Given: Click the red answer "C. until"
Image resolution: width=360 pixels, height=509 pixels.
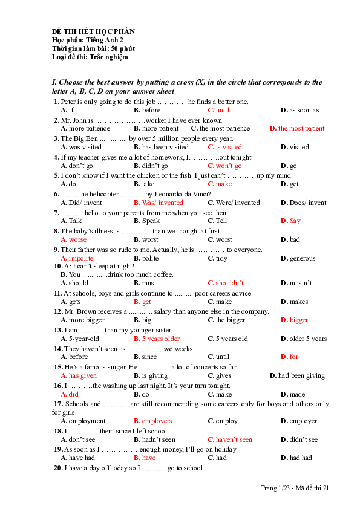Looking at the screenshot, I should click(218, 110).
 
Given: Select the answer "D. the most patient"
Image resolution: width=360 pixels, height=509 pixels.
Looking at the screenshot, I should click(297, 128).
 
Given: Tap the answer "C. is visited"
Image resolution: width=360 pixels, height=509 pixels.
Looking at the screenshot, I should click(224, 147).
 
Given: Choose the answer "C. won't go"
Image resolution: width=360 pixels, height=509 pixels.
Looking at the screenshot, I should click(224, 166).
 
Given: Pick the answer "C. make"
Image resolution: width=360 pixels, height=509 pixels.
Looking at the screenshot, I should click(220, 184).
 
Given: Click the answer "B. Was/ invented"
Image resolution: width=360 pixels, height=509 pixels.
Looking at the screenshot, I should click(158, 203).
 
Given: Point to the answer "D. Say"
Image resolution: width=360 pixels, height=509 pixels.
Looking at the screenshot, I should click(290, 221).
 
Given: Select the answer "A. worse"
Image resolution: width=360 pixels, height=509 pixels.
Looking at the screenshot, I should click(74, 240).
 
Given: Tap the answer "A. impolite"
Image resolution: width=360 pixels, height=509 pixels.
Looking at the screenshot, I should click(77, 258).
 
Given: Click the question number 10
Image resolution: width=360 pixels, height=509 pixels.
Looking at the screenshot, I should click(57, 266).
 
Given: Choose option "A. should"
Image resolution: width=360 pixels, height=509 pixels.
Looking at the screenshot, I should click(74, 283).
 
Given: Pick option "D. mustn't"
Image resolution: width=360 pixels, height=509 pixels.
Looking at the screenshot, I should click(296, 283).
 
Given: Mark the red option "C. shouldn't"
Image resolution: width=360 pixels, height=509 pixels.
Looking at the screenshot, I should click(226, 283).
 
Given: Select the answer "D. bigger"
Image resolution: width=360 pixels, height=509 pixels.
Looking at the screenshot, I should click(295, 320).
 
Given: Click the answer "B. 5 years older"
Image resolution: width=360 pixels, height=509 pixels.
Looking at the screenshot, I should click(156, 339).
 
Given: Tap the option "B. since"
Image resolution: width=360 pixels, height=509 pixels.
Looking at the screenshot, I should click(145, 357).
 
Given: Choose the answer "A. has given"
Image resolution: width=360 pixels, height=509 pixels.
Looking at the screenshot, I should click(79, 375).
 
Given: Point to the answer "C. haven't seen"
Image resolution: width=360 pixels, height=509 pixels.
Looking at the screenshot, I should click(230, 439).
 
